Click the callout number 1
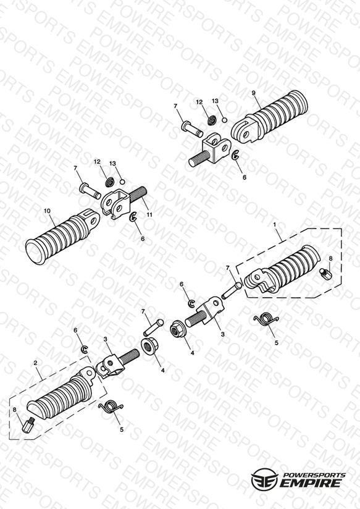[275, 224]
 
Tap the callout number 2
[35, 363]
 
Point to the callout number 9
[254, 93]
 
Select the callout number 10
[47, 211]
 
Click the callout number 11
[149, 214]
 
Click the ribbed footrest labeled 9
[269, 116]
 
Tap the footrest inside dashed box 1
[282, 269]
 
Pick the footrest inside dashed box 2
[61, 393]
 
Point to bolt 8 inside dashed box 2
[28, 424]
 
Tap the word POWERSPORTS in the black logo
[314, 475]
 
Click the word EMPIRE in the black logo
[311, 483]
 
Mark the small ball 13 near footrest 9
[224, 120]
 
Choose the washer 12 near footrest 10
[109, 182]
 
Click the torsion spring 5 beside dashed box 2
[110, 406]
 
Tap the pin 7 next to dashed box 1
[232, 290]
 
